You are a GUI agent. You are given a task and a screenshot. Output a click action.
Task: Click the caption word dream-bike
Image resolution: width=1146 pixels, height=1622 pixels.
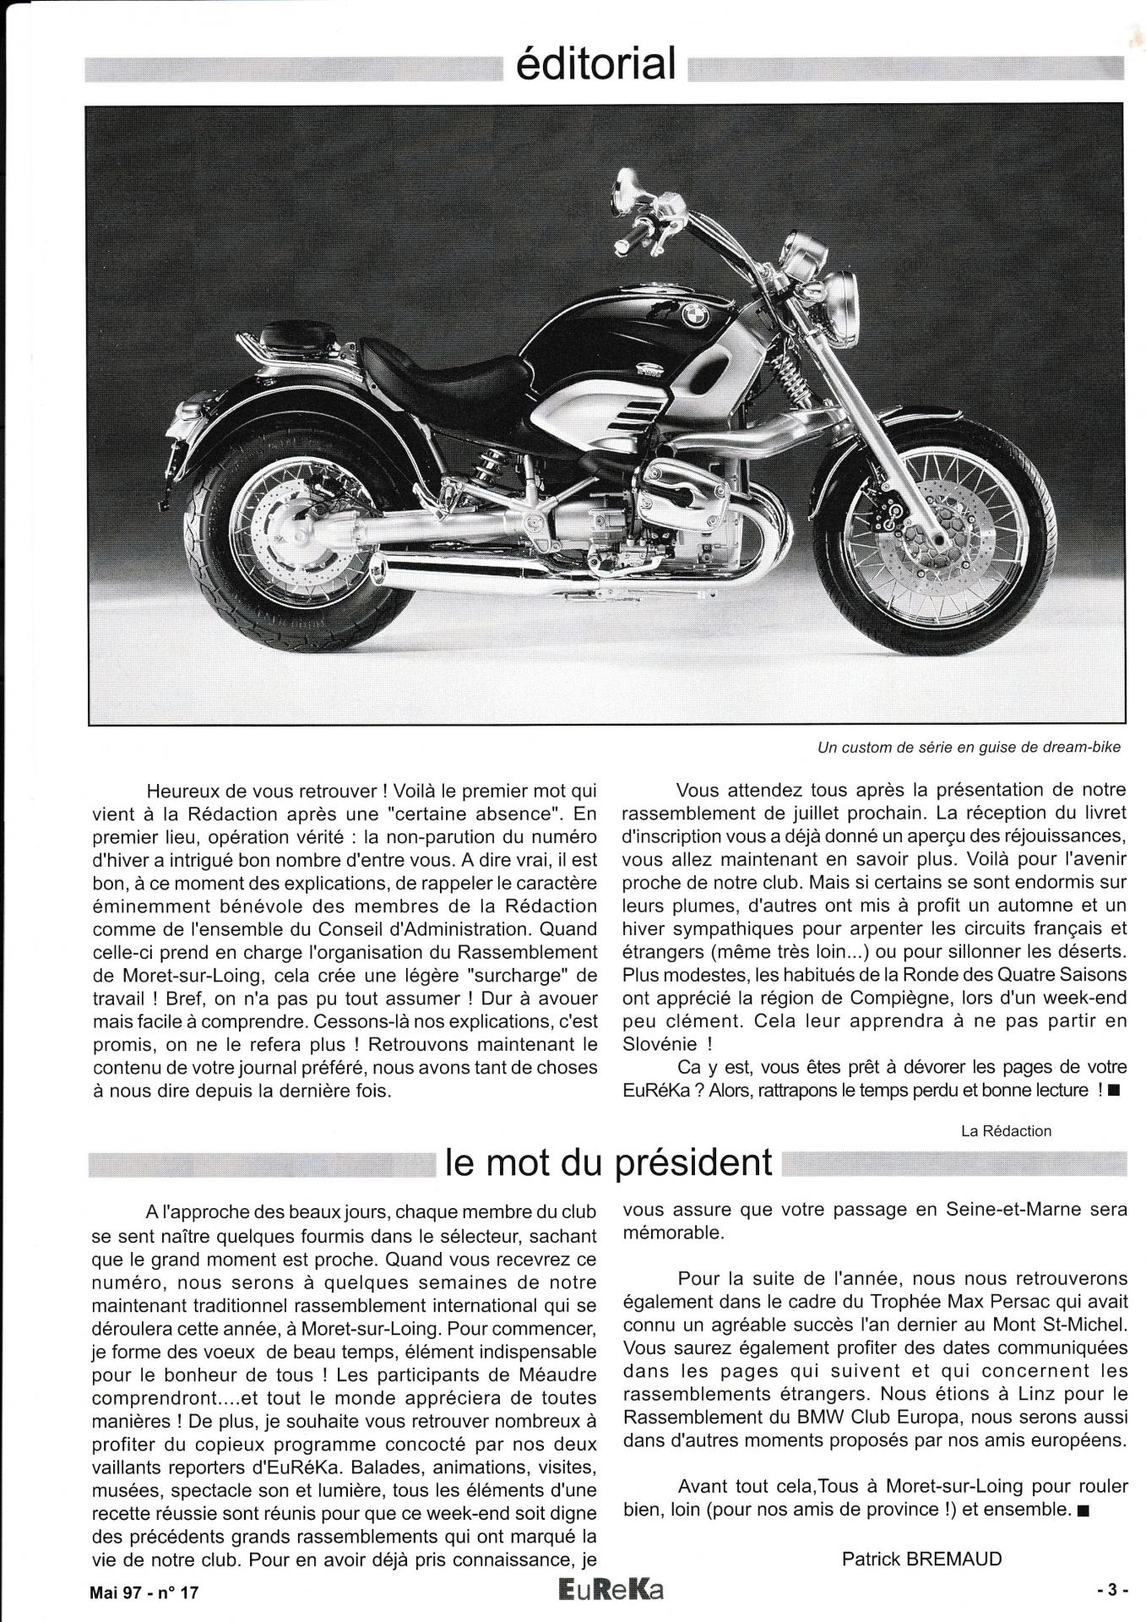coord(1077,748)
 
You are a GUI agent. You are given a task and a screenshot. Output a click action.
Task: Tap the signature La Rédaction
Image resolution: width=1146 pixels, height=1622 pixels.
coord(1006,1130)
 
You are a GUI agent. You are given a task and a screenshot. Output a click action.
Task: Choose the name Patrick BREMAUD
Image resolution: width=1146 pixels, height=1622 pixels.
coord(921,1559)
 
